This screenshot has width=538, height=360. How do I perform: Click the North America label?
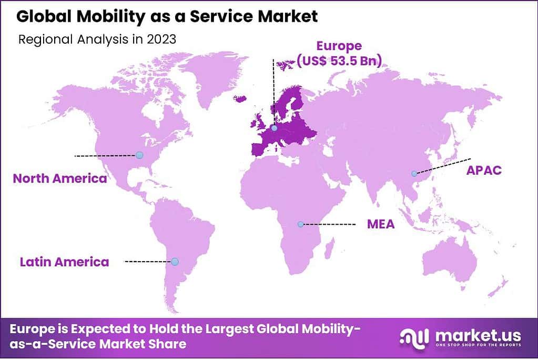(x=60, y=178)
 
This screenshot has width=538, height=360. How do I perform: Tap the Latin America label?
(x=65, y=262)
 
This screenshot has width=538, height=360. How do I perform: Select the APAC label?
(x=484, y=170)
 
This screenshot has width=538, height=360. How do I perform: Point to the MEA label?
(x=381, y=225)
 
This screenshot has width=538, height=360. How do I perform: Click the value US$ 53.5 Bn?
(x=339, y=61)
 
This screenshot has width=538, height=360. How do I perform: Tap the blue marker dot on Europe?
(x=274, y=128)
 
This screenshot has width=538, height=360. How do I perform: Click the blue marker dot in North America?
(x=139, y=155)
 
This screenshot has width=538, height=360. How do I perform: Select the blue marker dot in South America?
(x=175, y=262)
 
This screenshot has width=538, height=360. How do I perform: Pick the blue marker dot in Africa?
(x=300, y=224)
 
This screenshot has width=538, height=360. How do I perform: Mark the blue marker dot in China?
(x=414, y=173)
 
